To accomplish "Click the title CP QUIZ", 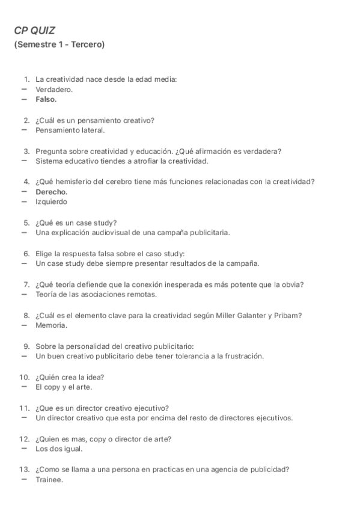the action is [34, 31].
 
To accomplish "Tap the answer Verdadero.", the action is [53, 89].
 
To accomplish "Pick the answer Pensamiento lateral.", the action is [70, 130].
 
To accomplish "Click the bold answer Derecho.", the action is [51, 192].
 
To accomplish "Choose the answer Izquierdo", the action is [51, 201].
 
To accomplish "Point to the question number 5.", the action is [26, 223].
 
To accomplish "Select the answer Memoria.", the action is [51, 325].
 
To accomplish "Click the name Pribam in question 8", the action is [287, 315].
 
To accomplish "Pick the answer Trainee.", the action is [49, 479].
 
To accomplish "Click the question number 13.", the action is [25, 469].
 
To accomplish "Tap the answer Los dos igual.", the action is [59, 449].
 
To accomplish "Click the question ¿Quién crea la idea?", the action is [70, 377].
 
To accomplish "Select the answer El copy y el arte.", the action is [64, 387].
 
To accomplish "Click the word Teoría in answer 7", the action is [46, 294].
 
